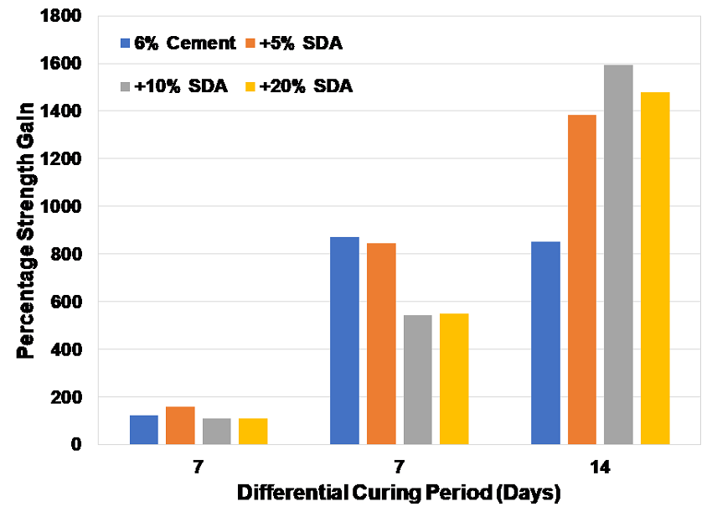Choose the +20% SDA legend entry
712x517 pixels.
coord(298,86)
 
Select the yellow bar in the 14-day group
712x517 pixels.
coord(655,268)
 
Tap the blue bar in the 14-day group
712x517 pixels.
coord(545,343)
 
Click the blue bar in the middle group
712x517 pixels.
coord(344,340)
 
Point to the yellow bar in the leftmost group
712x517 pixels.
coord(253,431)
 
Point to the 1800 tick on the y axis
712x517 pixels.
coord(64,16)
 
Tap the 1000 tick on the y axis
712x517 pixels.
coord(64,206)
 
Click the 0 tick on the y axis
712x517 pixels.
coord(76,444)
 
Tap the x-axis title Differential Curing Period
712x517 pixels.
coord(398,494)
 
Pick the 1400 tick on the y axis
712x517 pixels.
coord(64,111)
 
